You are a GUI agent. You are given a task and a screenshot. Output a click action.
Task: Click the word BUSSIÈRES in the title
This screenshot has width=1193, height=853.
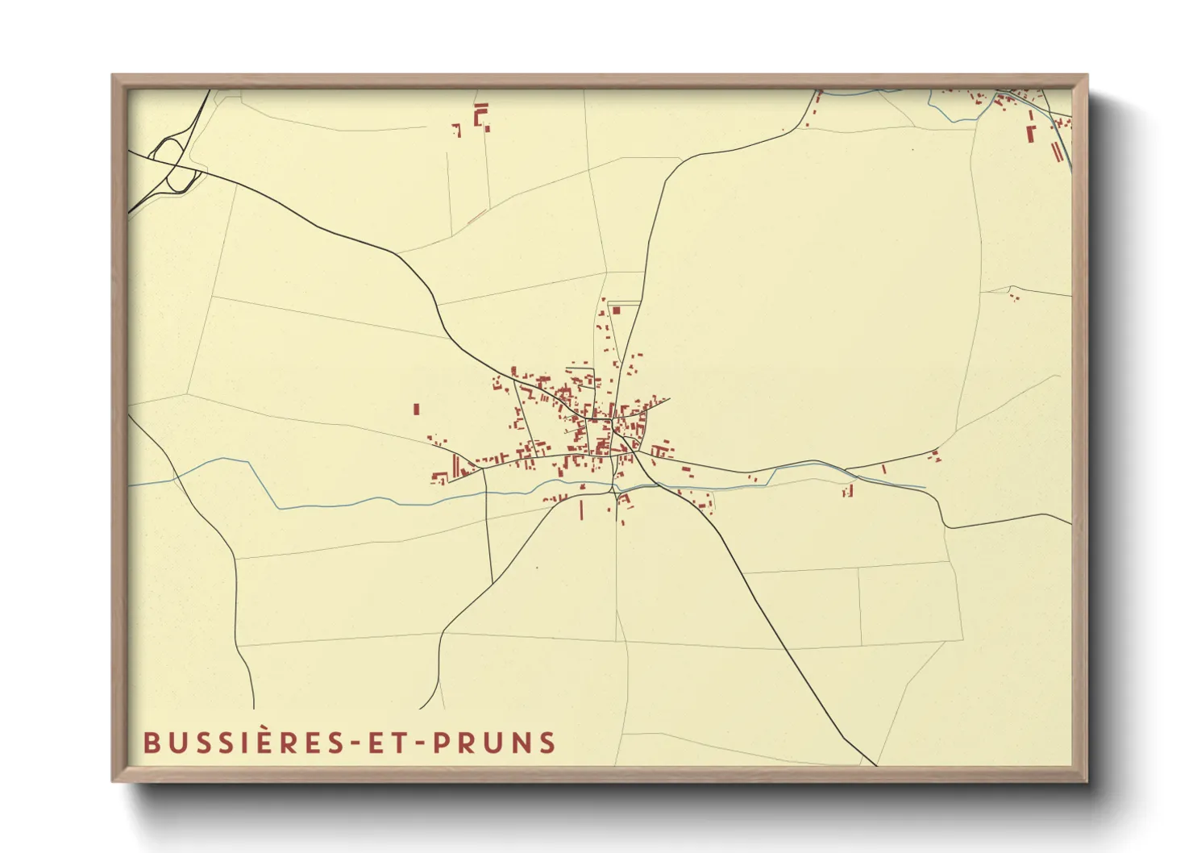[x=243, y=743]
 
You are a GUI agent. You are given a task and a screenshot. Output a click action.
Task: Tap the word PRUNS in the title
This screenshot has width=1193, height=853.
[x=494, y=743]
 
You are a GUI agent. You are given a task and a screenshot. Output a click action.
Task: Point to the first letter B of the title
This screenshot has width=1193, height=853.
[x=150, y=743]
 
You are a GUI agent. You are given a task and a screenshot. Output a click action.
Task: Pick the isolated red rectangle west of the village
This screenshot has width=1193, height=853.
[x=416, y=410]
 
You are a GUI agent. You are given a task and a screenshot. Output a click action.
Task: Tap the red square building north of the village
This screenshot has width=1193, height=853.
[x=616, y=310]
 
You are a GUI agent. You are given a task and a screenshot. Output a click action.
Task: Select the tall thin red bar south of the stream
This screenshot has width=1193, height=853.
[x=581, y=510]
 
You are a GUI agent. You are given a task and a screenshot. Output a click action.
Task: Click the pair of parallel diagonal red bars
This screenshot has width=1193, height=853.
[x=1057, y=151]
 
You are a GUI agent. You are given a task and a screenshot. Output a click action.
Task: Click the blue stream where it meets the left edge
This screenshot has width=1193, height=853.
[x=131, y=485]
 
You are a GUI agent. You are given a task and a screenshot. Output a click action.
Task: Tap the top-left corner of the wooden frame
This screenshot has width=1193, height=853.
[x=114, y=77]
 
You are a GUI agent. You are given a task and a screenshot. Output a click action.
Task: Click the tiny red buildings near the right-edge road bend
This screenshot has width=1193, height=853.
[x=1013, y=297]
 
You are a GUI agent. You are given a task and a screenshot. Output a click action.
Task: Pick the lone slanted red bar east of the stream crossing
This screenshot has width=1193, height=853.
[x=883, y=468]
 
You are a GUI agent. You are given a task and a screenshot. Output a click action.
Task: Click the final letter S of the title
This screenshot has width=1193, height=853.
[x=549, y=743]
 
